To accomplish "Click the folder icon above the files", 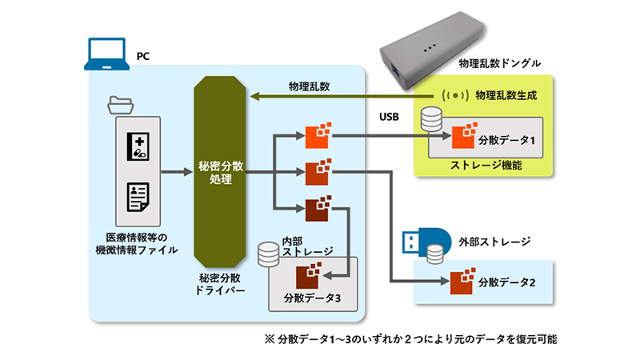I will (126, 105).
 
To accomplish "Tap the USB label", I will (390, 118).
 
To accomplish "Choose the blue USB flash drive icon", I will (426, 238).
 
